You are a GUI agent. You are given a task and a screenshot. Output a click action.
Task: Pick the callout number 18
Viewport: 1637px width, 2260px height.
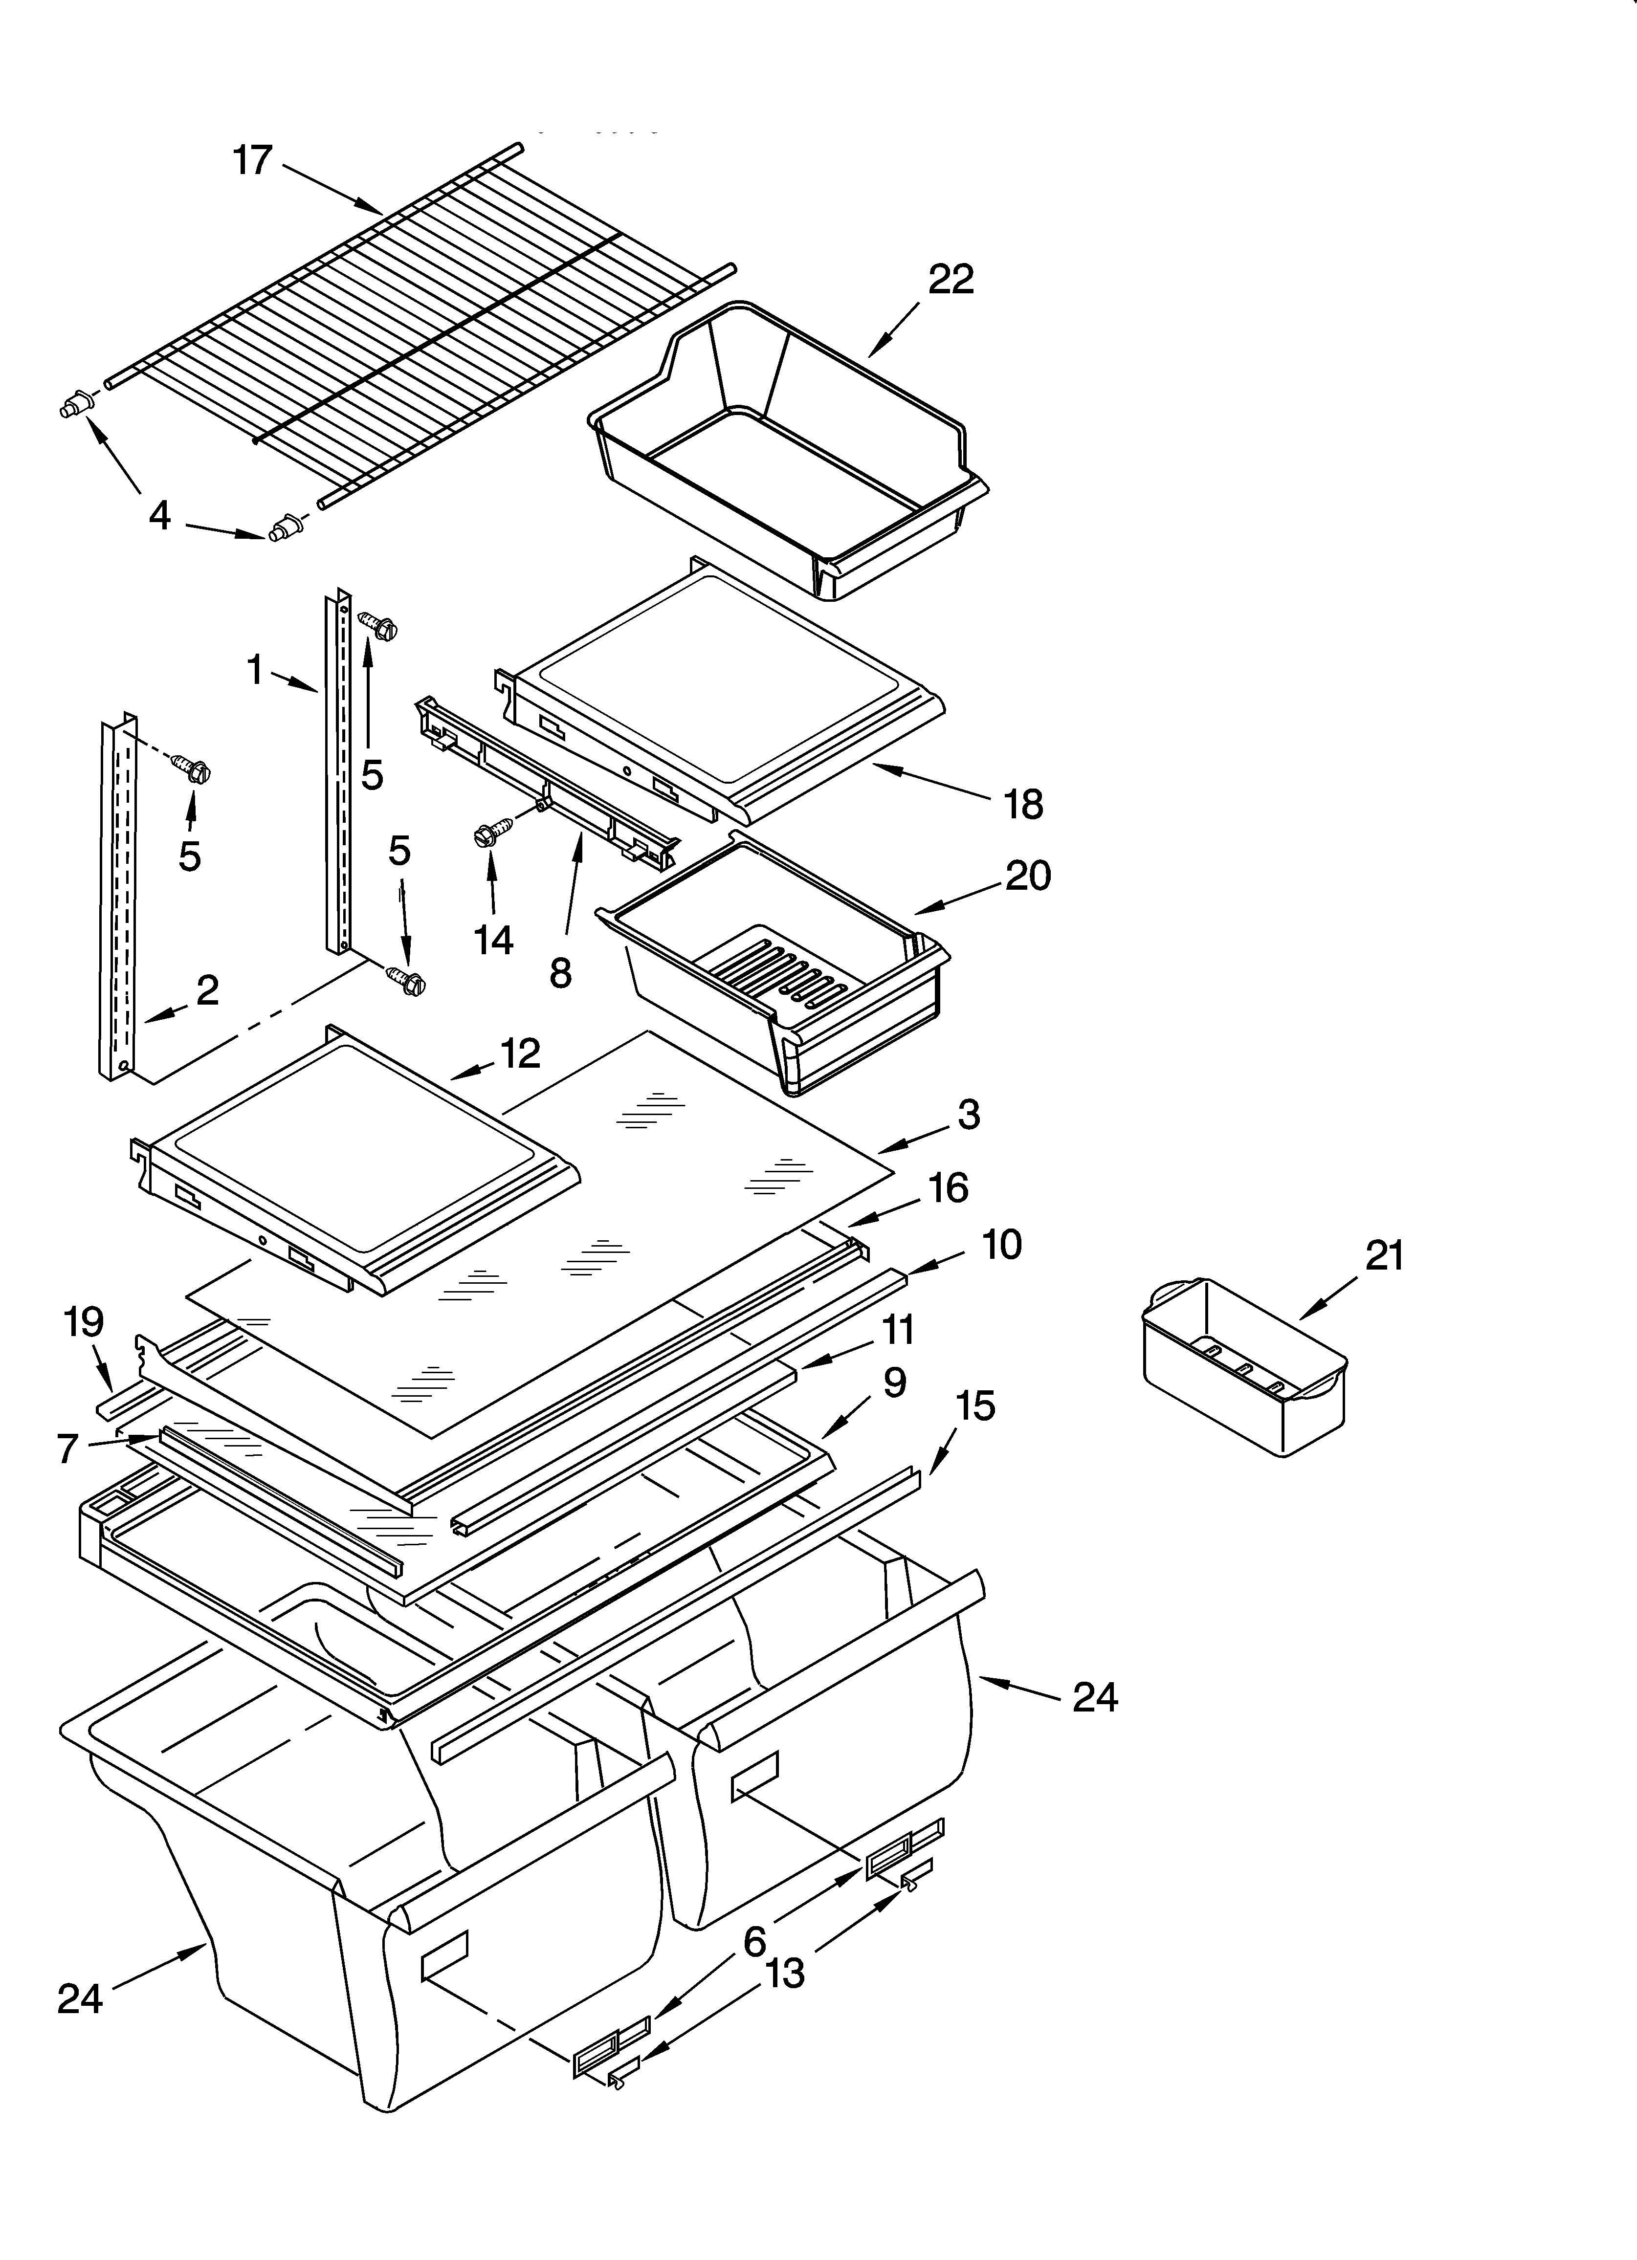[x=1023, y=803]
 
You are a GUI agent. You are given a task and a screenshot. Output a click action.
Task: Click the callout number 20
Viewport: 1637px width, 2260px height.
[x=1028, y=875]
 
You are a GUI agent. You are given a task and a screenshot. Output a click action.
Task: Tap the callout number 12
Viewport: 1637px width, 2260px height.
[x=519, y=1053]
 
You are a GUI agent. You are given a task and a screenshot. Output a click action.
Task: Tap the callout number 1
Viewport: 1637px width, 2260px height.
[x=255, y=670]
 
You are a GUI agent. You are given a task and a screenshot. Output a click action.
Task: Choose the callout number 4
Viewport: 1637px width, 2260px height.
[x=159, y=515]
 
